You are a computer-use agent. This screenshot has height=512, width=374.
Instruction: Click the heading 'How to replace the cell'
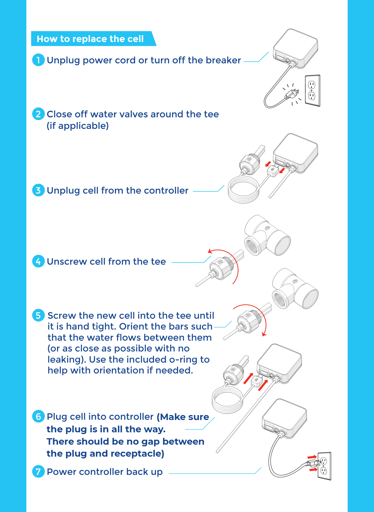90,39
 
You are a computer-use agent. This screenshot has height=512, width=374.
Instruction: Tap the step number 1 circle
38,60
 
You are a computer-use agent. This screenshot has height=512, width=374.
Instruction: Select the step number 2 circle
38,114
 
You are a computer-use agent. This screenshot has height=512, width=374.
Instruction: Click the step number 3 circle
38,190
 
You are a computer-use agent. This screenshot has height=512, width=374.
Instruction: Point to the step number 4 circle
38,261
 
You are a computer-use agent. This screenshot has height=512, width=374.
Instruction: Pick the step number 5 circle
38,315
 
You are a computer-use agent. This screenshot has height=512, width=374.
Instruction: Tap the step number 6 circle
38,417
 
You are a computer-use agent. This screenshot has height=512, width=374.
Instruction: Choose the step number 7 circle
38,472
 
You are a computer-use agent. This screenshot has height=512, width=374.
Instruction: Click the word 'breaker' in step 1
223,60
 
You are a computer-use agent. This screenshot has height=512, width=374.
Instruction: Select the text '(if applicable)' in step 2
78,126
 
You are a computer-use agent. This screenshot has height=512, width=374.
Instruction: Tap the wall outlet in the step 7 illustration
324,466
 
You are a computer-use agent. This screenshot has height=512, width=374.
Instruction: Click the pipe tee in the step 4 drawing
267,236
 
